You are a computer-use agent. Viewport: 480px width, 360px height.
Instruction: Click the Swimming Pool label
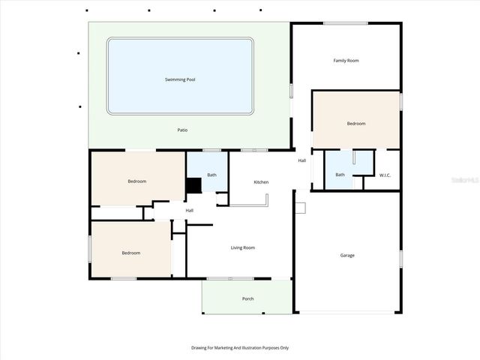tap(180, 79)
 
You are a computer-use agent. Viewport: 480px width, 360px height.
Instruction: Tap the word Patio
tap(182, 130)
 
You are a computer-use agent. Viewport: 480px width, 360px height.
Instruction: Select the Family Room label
tap(346, 61)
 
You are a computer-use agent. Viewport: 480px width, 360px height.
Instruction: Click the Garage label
tap(347, 256)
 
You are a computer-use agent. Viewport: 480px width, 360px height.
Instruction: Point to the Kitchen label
tap(261, 182)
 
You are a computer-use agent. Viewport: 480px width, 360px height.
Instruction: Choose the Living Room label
tap(242, 247)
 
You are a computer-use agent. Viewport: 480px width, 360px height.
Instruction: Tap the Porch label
tap(247, 299)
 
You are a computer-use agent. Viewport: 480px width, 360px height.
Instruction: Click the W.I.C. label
tap(385, 175)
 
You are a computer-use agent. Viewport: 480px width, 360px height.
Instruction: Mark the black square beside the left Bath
tap(194, 185)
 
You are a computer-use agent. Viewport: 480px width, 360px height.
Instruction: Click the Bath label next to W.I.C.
tap(340, 175)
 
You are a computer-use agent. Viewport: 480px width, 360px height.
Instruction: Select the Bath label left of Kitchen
tap(212, 175)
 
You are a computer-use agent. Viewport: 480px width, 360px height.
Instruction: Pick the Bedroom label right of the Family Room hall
tap(355, 124)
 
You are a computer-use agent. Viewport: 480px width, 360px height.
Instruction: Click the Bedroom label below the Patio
tap(136, 181)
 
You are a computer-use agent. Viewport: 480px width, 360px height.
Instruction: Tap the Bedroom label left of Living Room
tap(131, 253)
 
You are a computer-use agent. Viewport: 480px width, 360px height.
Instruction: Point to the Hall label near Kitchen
tap(302, 160)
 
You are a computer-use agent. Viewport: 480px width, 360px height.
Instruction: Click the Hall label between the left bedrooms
tap(190, 211)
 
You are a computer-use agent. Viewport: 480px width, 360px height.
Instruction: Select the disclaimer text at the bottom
tap(240, 348)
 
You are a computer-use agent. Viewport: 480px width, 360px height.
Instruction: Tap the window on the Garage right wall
tap(400, 259)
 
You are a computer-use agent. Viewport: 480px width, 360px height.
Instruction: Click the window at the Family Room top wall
tap(346, 23)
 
